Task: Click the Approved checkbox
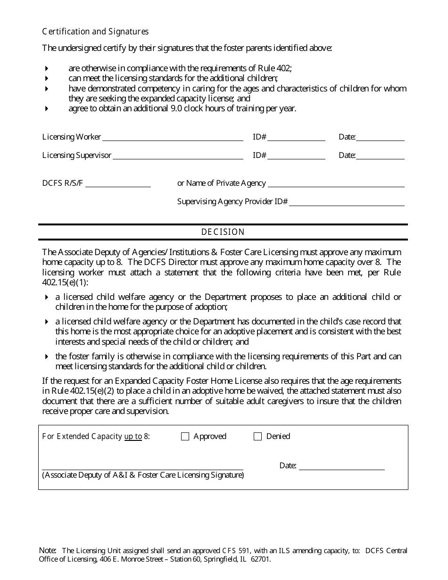tap(185, 437)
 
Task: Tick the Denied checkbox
tap(257, 437)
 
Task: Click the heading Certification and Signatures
tap(95, 32)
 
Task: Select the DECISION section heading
tap(223, 232)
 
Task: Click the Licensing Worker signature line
tap(173, 140)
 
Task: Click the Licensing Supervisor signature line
tap(178, 158)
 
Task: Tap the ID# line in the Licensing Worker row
tap(296, 140)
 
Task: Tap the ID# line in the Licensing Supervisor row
tap(296, 158)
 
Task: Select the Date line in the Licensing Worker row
tap(380, 140)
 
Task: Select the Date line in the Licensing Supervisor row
tap(380, 158)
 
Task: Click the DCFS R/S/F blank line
tap(118, 186)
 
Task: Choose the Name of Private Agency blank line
tap(336, 186)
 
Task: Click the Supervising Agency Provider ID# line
tap(347, 205)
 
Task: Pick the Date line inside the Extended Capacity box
tap(341, 469)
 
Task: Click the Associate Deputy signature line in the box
tap(142, 469)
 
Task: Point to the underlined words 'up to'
tap(133, 437)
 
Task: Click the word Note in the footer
tap(48, 550)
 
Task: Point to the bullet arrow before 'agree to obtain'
tap(46, 108)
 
